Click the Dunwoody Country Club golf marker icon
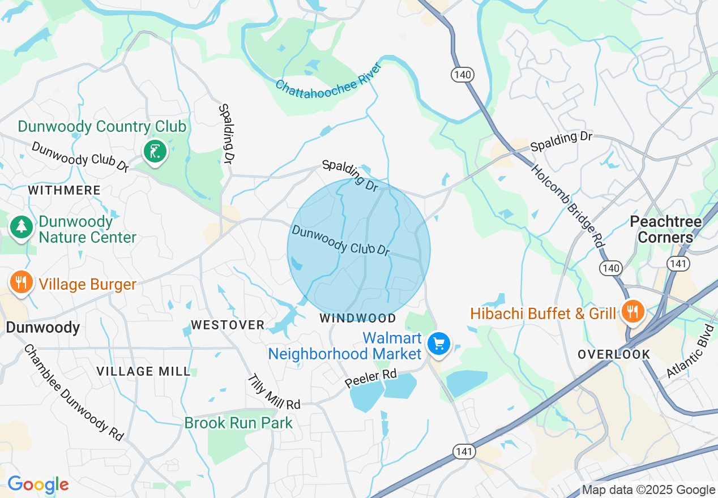point(155,152)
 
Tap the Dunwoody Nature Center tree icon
point(22,227)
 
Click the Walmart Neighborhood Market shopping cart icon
point(439,344)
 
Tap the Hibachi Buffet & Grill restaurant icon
point(632,311)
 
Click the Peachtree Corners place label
point(665,229)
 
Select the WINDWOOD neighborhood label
point(357,318)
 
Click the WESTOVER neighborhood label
point(228,325)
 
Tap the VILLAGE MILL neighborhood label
point(143,371)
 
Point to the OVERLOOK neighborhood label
point(614,354)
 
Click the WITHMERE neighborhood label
point(64,190)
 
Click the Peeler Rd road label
point(371,379)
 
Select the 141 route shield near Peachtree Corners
point(677,263)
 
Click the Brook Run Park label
point(238,423)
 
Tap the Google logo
point(38,484)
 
